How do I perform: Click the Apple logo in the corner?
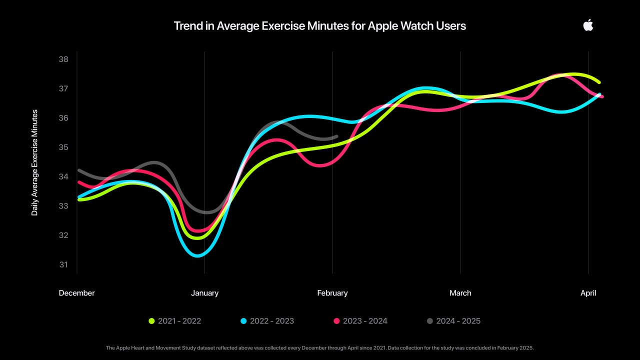(x=588, y=25)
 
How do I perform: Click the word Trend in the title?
(x=186, y=26)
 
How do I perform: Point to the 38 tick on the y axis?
(x=63, y=59)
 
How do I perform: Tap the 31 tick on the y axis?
(x=63, y=264)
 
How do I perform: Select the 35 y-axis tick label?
(x=63, y=147)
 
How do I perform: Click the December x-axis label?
(x=76, y=293)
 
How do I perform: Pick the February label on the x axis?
(x=332, y=293)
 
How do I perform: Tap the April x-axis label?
(x=588, y=293)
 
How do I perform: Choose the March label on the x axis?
(x=460, y=293)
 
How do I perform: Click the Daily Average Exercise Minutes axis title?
(x=34, y=162)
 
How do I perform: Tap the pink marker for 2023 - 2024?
(x=336, y=321)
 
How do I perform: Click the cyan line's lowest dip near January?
(x=198, y=255)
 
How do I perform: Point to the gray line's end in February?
(x=336, y=136)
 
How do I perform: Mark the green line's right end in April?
(x=598, y=82)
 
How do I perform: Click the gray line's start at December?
(x=79, y=170)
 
